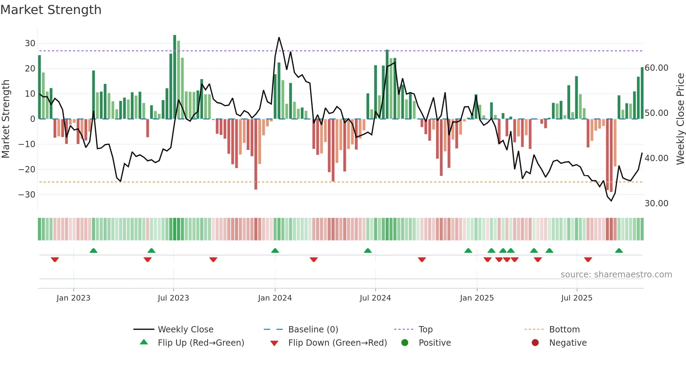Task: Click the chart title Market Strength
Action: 51,10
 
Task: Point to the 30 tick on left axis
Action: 30,43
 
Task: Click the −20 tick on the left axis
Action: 27,170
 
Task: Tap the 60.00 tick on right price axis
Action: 656,68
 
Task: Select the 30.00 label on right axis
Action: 656,204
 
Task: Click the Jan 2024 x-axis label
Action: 275,298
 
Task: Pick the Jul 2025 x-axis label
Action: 576,298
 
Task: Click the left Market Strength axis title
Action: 6,119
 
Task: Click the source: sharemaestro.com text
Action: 616,275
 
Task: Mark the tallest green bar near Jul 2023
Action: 175,77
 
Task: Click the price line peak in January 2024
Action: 279,37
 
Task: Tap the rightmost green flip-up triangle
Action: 619,251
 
